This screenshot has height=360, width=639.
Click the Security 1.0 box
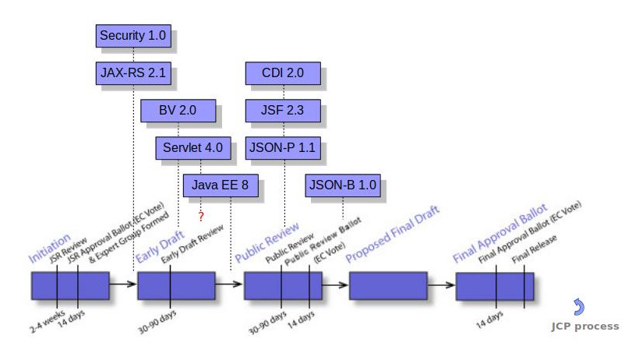pos(134,36)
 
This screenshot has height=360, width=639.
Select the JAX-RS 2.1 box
pos(134,74)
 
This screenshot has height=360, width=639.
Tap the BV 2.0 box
pos(178,111)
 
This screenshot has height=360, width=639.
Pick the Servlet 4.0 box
pos(193,147)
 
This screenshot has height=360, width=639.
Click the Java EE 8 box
pos(220,185)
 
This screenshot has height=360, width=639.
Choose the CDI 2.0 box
pos(283,74)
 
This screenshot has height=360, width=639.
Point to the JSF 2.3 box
pos(283,111)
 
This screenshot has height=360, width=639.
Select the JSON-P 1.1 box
pos(283,147)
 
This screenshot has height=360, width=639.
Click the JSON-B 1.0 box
pos(343,185)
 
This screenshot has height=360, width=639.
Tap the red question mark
pos(201,216)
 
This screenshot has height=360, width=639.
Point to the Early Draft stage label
pos(159,248)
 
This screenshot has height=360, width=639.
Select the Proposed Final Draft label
pos(393,233)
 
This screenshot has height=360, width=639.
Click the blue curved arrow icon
pos(578,307)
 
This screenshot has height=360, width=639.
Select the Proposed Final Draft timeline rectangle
pos(388,286)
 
